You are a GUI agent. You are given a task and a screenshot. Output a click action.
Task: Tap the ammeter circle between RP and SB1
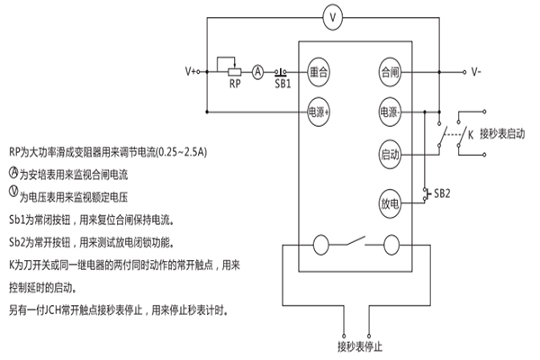[256, 70]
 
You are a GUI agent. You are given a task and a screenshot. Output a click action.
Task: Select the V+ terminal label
[193, 70]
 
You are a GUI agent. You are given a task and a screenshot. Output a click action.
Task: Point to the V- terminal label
[480, 70]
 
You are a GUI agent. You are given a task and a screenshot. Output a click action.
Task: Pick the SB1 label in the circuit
[282, 84]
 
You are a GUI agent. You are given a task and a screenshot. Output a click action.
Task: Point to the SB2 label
[442, 193]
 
